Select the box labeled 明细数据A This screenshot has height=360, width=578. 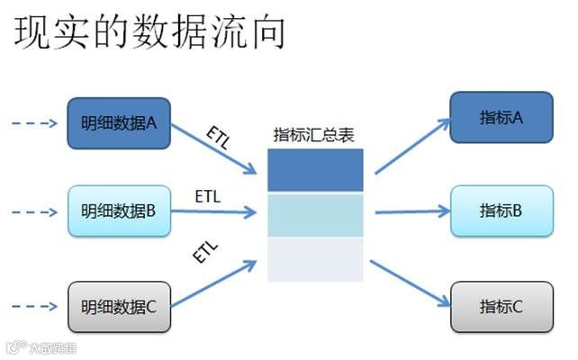click(119, 123)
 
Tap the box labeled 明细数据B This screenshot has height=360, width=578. click(119, 211)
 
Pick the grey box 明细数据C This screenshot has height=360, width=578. click(119, 306)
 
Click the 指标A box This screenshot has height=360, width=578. click(501, 117)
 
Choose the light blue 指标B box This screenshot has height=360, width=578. click(501, 211)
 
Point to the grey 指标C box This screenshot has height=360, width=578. click(501, 306)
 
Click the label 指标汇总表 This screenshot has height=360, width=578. click(314, 135)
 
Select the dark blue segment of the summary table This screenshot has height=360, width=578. click(315, 170)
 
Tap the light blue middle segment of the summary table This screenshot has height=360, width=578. click(315, 215)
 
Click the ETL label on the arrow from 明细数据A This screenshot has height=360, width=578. click(217, 137)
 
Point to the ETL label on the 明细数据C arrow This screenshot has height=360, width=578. click(205, 251)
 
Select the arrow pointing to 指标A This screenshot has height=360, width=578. click(411, 146)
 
